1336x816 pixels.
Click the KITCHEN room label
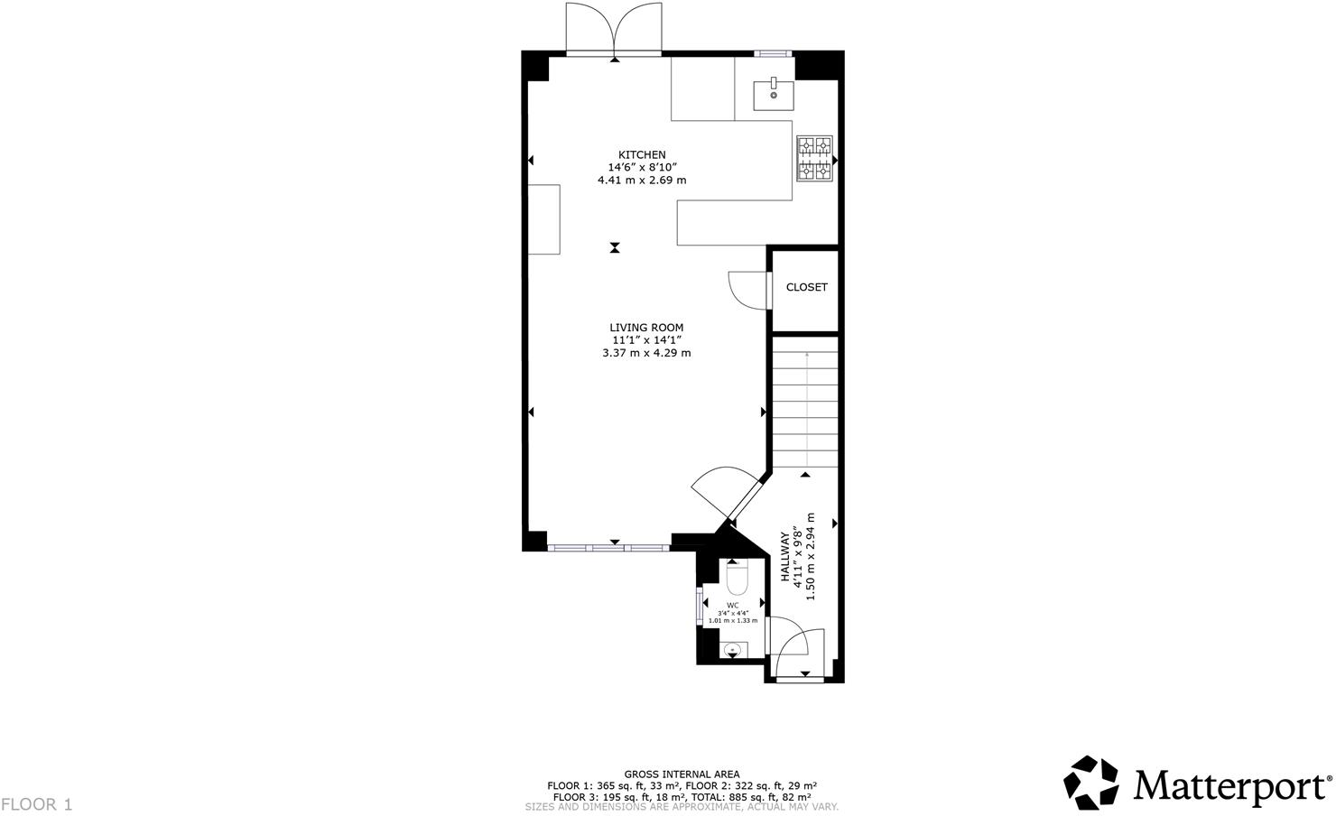(x=642, y=154)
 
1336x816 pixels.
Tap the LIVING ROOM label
(x=646, y=328)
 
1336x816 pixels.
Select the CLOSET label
(x=806, y=287)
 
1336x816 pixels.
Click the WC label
(x=733, y=605)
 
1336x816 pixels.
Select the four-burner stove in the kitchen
(x=813, y=159)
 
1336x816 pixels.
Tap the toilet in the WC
(x=737, y=577)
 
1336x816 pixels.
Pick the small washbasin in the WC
(x=733, y=648)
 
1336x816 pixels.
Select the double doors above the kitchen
(x=614, y=29)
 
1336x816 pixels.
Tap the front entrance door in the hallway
(x=798, y=652)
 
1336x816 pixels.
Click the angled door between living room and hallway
(x=727, y=494)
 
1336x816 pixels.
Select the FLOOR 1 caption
(x=36, y=803)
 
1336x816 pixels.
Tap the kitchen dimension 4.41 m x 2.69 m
(x=642, y=180)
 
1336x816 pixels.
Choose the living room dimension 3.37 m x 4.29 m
(x=646, y=353)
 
